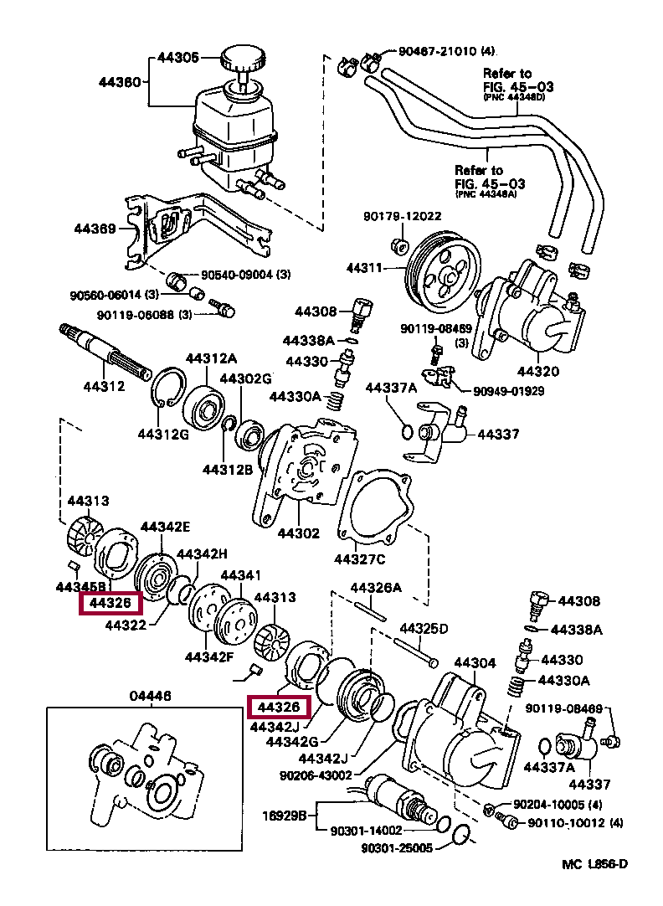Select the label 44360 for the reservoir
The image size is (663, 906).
tap(119, 82)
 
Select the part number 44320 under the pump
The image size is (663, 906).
tap(537, 371)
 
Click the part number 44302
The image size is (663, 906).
tap(299, 533)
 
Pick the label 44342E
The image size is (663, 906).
tap(165, 527)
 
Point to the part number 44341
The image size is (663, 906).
tap(240, 575)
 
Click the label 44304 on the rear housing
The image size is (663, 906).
tap(475, 662)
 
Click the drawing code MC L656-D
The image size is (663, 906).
tap(594, 864)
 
